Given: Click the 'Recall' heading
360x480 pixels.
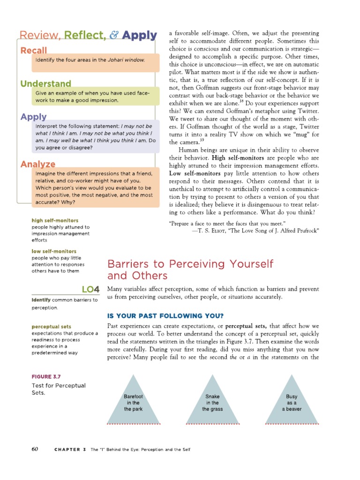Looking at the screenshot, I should [33, 51].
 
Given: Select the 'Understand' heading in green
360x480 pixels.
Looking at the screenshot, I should [45, 84].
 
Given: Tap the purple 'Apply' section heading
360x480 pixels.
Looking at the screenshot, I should [33, 117].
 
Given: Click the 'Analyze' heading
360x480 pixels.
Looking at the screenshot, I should [37, 164].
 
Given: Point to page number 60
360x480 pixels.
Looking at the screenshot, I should [35, 449].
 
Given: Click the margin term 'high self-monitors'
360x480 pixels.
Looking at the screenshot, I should [55, 220].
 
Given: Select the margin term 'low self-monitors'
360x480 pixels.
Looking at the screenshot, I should [54, 251].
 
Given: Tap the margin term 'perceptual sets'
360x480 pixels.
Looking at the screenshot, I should [51, 326].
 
